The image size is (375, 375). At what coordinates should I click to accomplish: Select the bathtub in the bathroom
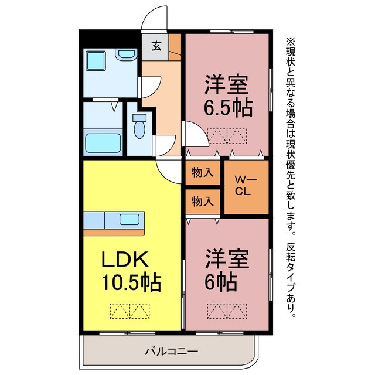pyautogui.click(x=103, y=142)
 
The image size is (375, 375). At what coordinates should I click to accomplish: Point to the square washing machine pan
pyautogui.click(x=96, y=62)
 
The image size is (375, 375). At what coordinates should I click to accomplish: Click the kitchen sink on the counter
pyautogui.click(x=129, y=220)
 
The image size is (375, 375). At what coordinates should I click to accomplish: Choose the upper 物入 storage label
pyautogui.click(x=203, y=173)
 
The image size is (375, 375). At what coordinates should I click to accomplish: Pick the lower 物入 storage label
pyautogui.click(x=203, y=202)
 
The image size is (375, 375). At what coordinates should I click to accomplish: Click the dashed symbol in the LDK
pyautogui.click(x=129, y=311)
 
